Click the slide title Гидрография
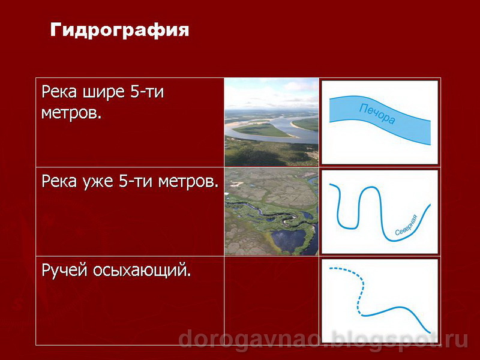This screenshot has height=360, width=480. [119, 30]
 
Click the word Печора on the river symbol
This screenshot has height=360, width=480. [377, 114]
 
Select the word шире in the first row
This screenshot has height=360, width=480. [97, 93]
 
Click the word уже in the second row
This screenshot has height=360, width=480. [97, 182]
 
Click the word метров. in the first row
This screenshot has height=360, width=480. [71, 113]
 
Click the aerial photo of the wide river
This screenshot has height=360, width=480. [271, 122]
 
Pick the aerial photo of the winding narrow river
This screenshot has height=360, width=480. [271, 211]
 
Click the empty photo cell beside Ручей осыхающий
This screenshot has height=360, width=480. [271, 300]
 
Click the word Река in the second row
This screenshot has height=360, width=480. [58, 181]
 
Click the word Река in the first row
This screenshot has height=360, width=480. [58, 93]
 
